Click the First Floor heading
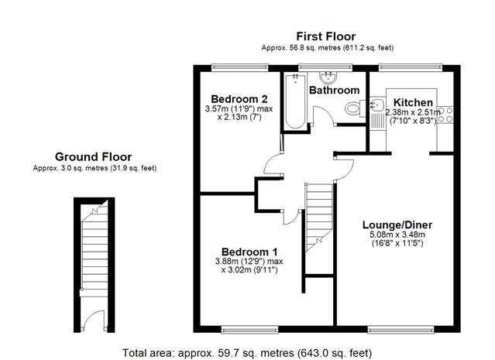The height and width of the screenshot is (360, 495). (326, 36)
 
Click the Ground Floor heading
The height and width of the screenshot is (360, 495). (93, 157)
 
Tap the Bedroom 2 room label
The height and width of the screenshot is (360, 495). (239, 99)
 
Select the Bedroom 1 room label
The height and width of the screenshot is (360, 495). (249, 252)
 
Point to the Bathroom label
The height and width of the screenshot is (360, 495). (335, 91)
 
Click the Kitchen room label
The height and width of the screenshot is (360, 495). (413, 102)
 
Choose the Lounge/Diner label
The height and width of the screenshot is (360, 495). (397, 225)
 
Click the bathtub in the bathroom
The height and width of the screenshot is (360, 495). (295, 101)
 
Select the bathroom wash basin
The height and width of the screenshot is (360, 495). (328, 77)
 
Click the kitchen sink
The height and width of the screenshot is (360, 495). (377, 104)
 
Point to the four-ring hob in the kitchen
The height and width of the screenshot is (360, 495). (445, 115)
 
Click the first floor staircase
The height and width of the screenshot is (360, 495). (319, 218)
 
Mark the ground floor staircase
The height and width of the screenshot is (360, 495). (95, 249)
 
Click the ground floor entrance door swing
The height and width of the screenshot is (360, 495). (94, 321)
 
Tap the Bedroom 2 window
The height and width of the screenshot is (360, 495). (240, 67)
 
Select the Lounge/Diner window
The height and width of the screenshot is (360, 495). (401, 330)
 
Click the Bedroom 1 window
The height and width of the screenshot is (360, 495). (249, 330)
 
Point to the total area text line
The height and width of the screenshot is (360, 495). (247, 353)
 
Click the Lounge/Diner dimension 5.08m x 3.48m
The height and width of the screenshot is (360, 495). (397, 235)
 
